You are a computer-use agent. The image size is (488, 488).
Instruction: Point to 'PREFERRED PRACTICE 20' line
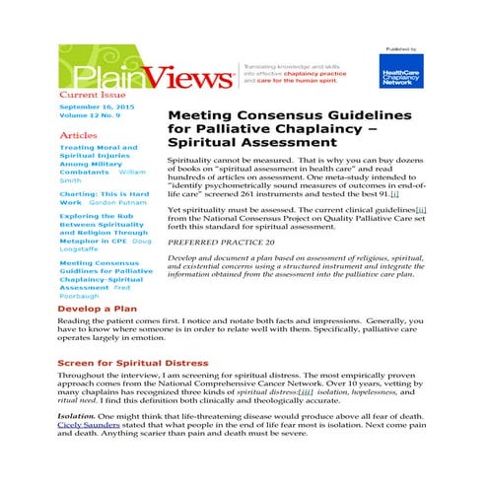[221, 241]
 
